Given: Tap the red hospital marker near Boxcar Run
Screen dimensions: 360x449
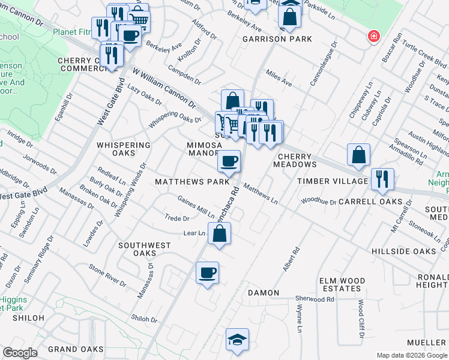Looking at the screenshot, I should click(374, 36).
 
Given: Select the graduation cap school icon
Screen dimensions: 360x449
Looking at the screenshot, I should click(237, 339).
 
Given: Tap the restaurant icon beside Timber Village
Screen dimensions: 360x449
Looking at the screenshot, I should click(382, 179).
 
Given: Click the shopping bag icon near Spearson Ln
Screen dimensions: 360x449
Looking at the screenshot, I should click(358, 155).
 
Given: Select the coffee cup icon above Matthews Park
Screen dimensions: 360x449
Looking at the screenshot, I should click(229, 161).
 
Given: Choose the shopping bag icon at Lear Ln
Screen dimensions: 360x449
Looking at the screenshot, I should click(219, 233).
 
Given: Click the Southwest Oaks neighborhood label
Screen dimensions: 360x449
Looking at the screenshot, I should click(144, 246).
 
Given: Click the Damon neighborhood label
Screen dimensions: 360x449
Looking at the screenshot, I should click(264, 293).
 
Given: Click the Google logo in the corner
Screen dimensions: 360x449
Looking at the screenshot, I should click(20, 353).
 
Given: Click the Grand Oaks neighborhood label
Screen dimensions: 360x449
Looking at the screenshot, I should click(76, 349).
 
